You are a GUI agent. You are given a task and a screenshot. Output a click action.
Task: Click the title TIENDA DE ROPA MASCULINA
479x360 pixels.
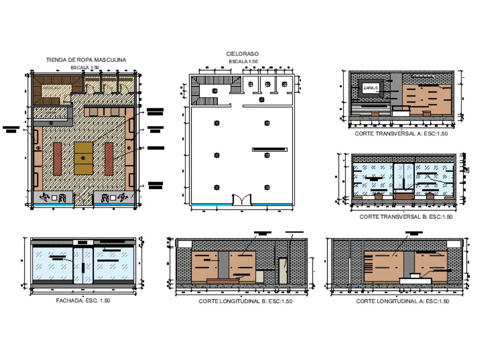coord(86,60)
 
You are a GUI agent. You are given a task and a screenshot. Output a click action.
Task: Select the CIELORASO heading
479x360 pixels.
coord(242,54)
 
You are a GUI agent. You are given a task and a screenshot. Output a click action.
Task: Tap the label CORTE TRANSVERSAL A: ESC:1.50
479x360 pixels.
coord(401,134)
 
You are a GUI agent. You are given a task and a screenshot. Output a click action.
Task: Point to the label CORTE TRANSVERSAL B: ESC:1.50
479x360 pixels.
coord(406,217)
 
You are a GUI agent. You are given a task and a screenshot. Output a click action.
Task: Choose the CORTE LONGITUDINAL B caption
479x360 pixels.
coord(245,301)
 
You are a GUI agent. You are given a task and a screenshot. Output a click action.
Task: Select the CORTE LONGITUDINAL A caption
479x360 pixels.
coord(402,301)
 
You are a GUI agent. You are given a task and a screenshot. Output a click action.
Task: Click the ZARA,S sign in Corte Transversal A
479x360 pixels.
coord(370,88)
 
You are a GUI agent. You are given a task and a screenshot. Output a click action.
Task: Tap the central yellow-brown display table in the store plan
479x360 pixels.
coord(83,158)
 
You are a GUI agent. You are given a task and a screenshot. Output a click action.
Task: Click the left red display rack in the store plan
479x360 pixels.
coord(57,159)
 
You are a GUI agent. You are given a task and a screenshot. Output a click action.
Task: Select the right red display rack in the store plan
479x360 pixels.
coord(109,159)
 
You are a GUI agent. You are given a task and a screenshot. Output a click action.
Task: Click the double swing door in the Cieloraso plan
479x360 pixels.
coord(241,199)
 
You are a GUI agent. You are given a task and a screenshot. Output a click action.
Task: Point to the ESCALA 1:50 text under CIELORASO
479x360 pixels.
coord(243,62)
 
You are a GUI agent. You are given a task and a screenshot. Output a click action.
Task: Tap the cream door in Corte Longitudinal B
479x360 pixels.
coord(283,270)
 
